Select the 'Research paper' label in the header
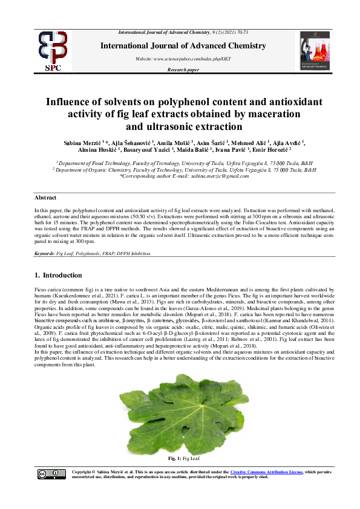tap(183, 71)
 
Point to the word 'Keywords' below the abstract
tap(44, 253)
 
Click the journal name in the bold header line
tap(183, 46)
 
